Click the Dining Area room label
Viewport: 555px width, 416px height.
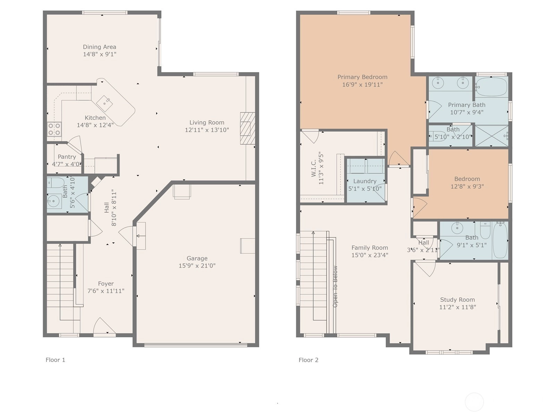(100, 47)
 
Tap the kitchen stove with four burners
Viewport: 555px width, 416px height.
(54, 129)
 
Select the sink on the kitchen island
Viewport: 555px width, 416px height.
(104, 103)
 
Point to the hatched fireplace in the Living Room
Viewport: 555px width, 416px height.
(247, 128)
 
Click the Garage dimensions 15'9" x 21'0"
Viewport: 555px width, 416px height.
(197, 266)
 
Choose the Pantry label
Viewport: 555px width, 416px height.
(67, 157)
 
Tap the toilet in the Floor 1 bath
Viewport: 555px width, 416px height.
(55, 183)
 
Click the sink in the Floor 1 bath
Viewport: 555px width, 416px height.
(54, 201)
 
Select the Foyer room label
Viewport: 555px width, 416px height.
(106, 284)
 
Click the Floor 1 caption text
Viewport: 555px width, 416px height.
(55, 360)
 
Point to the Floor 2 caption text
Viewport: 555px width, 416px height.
(308, 360)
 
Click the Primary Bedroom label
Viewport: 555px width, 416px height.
(362, 77)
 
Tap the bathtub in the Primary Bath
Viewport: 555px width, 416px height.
(492, 87)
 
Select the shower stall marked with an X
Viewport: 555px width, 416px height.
(492, 136)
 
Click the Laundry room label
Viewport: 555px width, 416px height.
(365, 181)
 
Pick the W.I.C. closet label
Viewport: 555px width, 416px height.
(314, 168)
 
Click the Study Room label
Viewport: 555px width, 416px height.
(458, 300)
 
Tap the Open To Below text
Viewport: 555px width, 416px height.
(335, 287)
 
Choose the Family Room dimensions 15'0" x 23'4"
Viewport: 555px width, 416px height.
(370, 255)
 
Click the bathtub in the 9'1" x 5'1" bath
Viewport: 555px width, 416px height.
(500, 240)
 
